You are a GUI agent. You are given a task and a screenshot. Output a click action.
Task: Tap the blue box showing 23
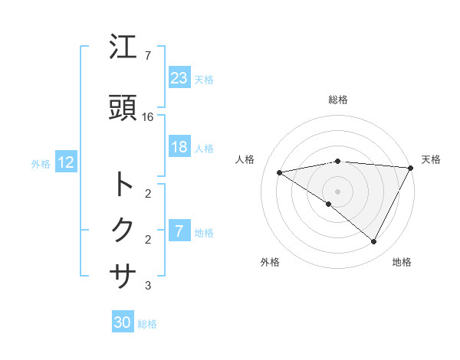[179, 77]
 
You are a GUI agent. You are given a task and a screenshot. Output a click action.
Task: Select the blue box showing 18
[179, 147]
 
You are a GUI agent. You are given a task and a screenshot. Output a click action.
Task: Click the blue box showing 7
[179, 231]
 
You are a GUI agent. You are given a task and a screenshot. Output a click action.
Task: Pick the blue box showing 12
[65, 162]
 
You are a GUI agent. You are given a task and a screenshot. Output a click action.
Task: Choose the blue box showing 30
[123, 322]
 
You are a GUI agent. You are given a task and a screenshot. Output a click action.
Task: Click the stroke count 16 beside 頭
[148, 117]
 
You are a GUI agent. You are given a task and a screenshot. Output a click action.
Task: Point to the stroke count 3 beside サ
[148, 286]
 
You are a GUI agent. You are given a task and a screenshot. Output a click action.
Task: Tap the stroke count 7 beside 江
[148, 56]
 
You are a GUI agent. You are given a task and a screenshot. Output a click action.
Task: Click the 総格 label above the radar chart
[338, 100]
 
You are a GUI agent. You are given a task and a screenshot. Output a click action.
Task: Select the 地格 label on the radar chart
[402, 263]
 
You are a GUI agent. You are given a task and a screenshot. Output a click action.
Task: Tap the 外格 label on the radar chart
[270, 263]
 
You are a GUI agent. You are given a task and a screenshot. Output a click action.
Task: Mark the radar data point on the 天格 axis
[412, 168]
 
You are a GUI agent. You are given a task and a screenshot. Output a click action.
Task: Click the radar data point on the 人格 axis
[280, 172]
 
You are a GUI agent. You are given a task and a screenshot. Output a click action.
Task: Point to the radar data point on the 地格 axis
[374, 242]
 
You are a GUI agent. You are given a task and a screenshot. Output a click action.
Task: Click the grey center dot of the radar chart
[337, 191]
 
